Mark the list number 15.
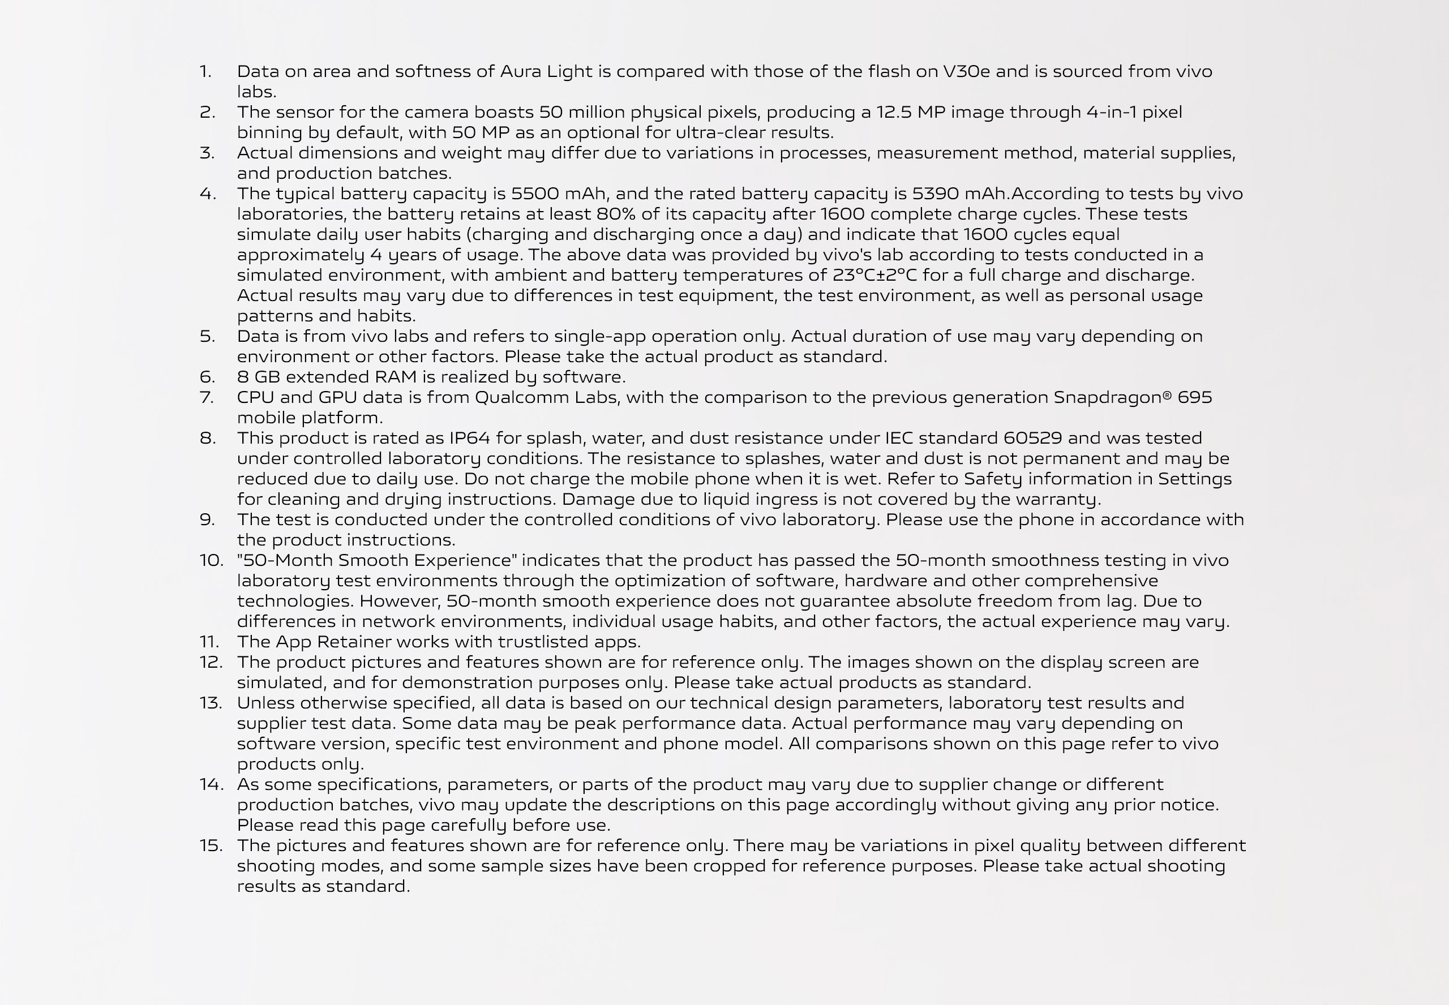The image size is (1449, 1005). tap(211, 845)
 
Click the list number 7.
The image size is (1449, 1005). tap(207, 397)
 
